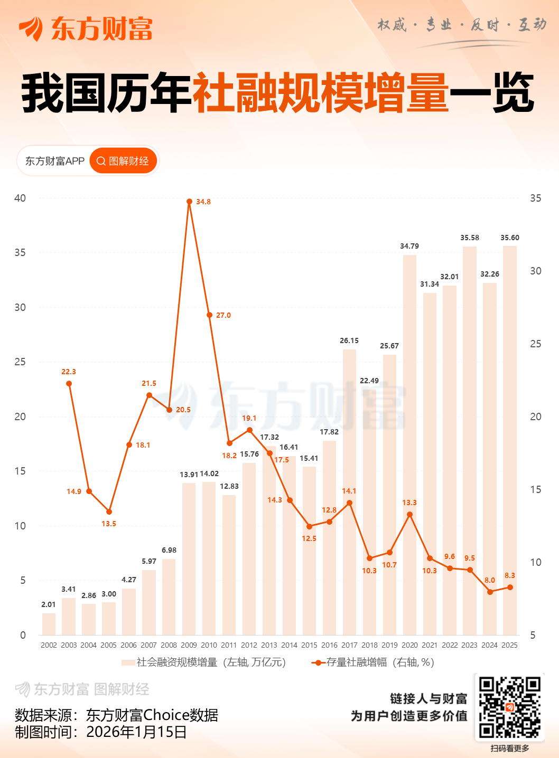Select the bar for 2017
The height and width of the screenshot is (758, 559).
point(349,491)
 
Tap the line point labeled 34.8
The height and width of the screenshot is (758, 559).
point(189,201)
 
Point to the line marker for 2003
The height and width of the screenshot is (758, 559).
point(69,384)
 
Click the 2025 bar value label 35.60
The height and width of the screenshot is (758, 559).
point(510,238)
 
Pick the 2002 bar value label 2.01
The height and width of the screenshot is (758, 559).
point(49,604)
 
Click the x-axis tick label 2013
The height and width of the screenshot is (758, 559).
point(269,645)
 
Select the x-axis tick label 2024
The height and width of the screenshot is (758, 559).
point(489,645)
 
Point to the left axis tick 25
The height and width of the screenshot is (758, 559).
point(20,362)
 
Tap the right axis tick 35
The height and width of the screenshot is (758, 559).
point(536,198)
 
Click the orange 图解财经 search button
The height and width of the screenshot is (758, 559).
point(124,161)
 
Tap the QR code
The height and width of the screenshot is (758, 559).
point(509,707)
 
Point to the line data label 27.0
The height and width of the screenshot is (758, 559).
point(223,315)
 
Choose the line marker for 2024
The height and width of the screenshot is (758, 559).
point(490,592)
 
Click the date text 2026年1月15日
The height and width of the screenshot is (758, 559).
point(136,732)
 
